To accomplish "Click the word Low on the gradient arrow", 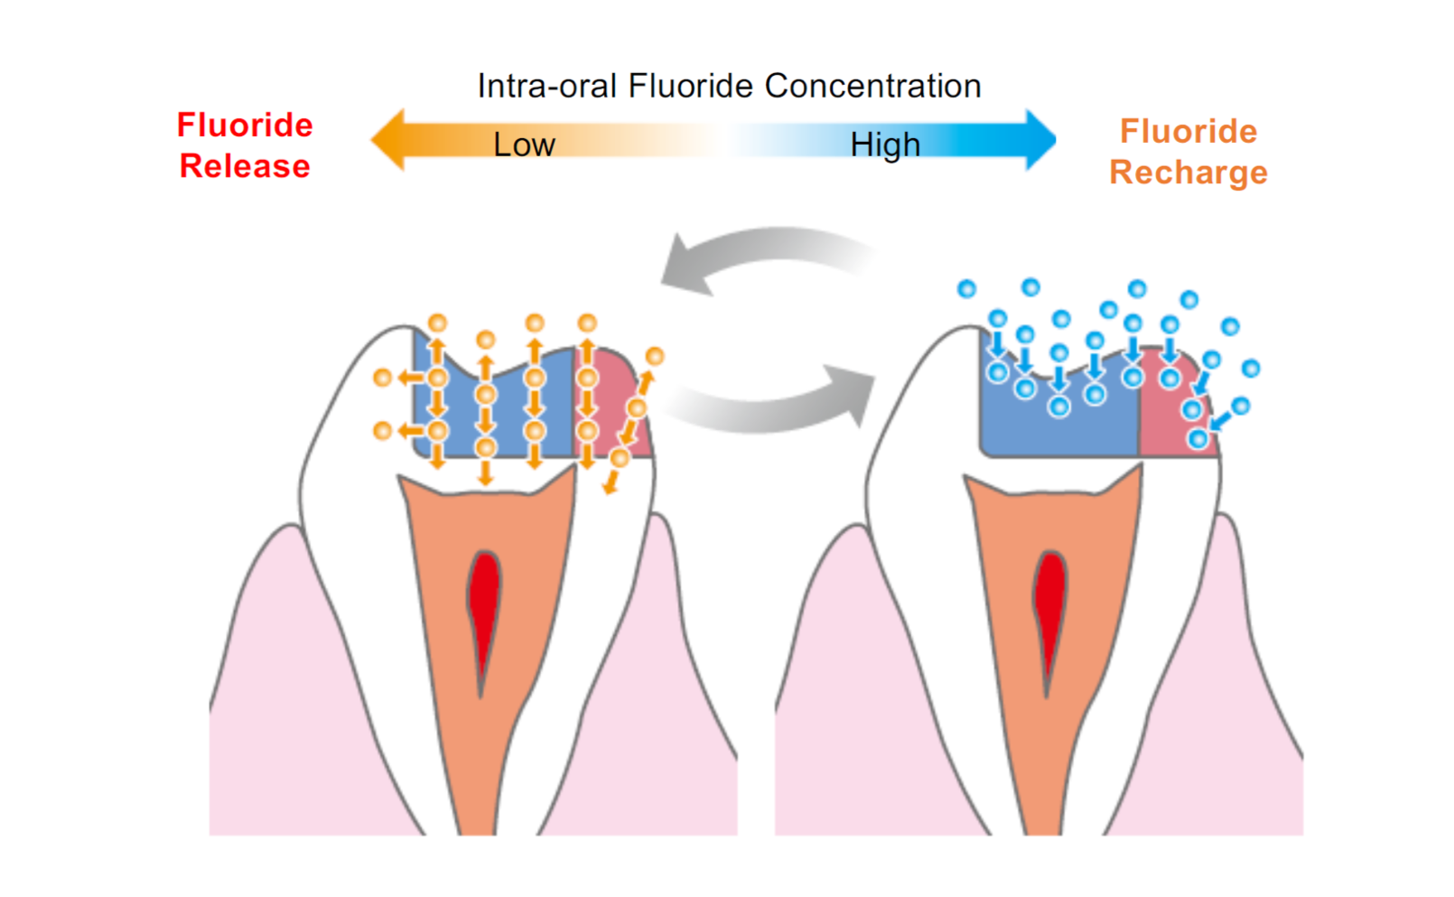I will point(524,145).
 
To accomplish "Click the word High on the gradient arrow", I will point(885,145).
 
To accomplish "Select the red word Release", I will point(245,166).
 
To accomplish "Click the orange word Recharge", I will point(1188,172).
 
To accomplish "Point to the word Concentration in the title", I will point(872,86).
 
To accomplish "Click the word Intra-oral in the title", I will point(547,86).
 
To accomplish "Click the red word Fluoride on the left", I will point(245,125).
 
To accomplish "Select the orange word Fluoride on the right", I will point(1188,131).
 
